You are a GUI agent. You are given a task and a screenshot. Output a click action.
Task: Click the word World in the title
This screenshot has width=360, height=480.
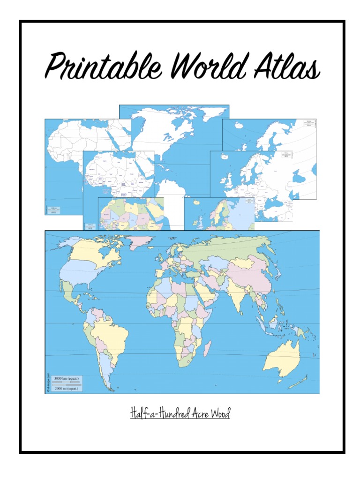coord(206,66)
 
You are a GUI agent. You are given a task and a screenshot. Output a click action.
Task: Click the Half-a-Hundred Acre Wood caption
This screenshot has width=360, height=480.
coord(180,414)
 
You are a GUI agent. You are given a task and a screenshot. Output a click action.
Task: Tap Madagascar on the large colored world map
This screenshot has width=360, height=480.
coord(207,349)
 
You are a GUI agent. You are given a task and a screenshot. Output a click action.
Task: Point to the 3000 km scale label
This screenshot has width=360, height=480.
coord(67,378)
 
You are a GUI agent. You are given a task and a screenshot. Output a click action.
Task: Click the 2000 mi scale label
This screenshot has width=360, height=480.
coord(66,389)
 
